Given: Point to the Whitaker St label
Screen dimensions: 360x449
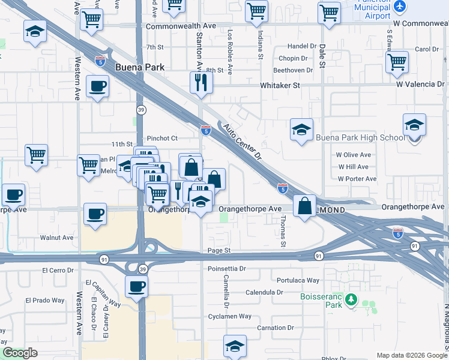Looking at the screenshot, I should pyautogui.click(x=280, y=86).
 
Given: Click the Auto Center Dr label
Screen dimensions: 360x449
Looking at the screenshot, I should pyautogui.click(x=243, y=142).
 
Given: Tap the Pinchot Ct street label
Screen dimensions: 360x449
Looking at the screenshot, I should pyautogui.click(x=161, y=139).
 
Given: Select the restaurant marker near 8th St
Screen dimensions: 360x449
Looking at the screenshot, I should pyautogui.click(x=201, y=82).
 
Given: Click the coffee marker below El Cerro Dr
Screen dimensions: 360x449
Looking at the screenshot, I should pyautogui.click(x=136, y=286).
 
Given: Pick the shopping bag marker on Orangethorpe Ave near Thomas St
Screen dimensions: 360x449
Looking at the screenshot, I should pyautogui.click(x=305, y=206).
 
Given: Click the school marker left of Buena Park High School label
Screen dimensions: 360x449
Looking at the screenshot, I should pyautogui.click(x=301, y=128).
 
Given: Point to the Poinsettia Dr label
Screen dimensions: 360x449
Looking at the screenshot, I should pyautogui.click(x=227, y=269).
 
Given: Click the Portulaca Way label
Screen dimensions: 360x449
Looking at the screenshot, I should pyautogui.click(x=298, y=280).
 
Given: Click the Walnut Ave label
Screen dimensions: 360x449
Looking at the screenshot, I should pyautogui.click(x=56, y=238).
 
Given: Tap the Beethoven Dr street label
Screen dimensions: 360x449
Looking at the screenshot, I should pyautogui.click(x=294, y=70).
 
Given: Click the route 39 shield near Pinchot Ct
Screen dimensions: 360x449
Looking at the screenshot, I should pyautogui.click(x=140, y=110).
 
